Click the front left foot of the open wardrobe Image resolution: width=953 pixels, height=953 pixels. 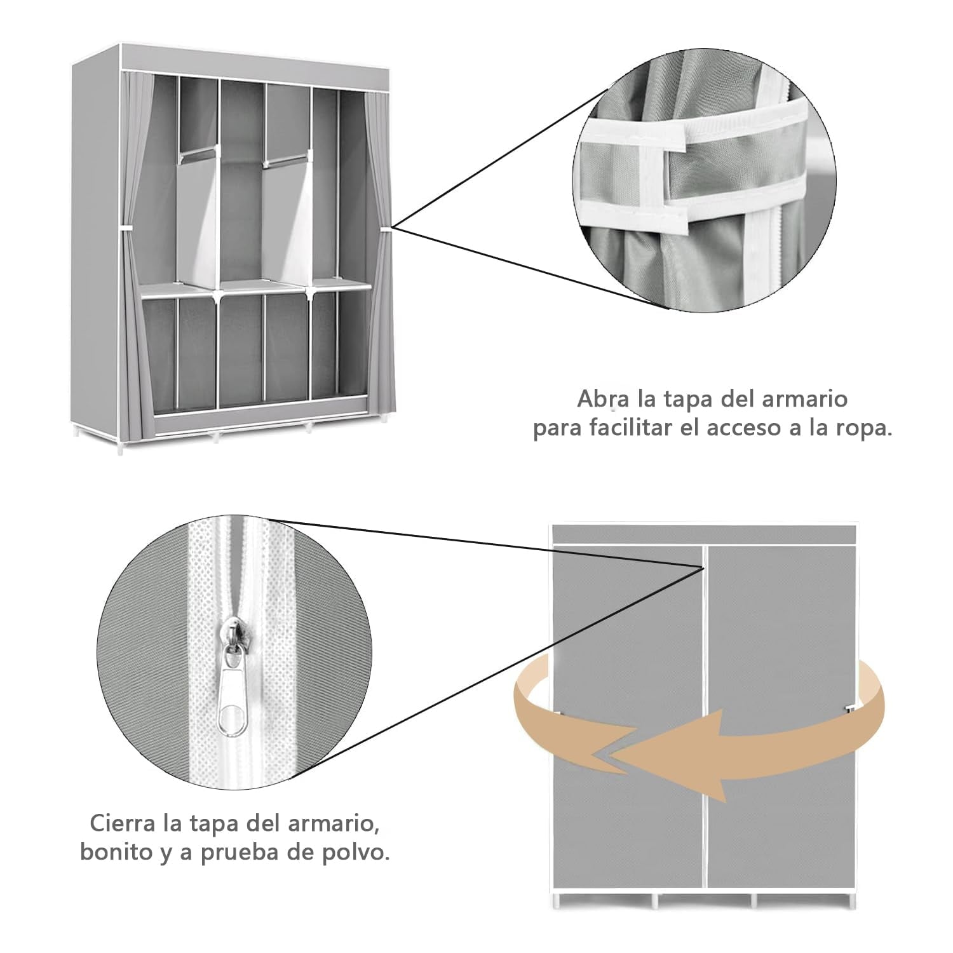[121, 444]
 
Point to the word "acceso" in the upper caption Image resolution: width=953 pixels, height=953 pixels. [762, 429]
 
